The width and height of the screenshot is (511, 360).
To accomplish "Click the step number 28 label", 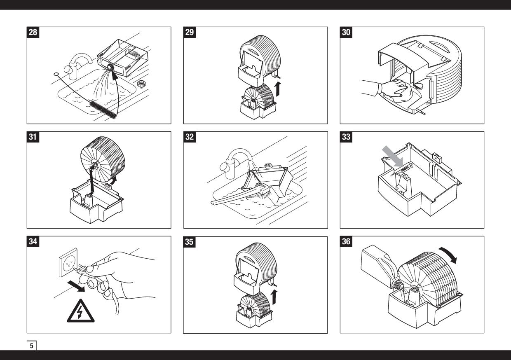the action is point(33,32).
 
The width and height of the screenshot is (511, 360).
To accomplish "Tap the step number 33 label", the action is point(346,137).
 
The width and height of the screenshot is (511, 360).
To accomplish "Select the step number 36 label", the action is point(346,241).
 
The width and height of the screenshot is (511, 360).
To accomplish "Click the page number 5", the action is point(31,346).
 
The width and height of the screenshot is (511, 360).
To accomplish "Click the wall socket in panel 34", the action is point(68,263).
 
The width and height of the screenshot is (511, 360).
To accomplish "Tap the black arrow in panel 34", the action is point(76,286).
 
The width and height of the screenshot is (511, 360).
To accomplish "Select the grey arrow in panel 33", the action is point(393,157).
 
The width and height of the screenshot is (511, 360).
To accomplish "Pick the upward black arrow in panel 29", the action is point(278,89).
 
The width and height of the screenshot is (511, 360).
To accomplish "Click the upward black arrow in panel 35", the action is point(274,297).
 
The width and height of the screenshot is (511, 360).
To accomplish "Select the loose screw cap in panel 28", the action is point(141,84).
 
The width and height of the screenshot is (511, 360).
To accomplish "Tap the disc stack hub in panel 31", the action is point(94,165).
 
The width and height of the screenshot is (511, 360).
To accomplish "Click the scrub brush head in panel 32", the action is point(265,191).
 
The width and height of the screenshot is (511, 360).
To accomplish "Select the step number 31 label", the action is point(33,137).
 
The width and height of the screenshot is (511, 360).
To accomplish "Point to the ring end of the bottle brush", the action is point(56,74).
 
